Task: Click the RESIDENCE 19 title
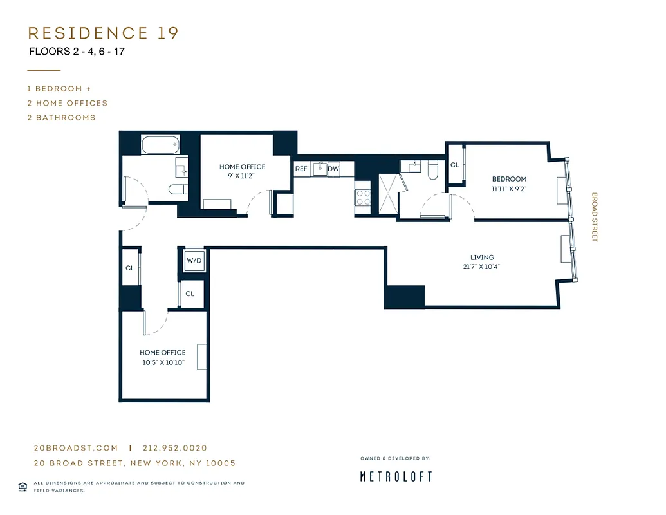[x=103, y=33]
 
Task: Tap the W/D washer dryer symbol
[x=194, y=261]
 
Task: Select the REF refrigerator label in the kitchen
[x=301, y=169]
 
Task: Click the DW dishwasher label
[x=333, y=169]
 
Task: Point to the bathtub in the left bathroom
[x=160, y=144]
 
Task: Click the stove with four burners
[x=363, y=194]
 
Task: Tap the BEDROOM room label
[x=509, y=179]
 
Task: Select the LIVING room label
[x=481, y=257]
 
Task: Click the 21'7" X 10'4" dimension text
[x=481, y=266]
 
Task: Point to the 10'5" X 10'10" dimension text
[x=163, y=362]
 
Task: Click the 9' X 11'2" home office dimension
[x=242, y=176]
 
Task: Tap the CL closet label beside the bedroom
[x=455, y=165]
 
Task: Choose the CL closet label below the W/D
[x=190, y=294]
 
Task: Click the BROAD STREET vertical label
[x=595, y=217]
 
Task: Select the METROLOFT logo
[x=395, y=476]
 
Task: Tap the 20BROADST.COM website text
[x=76, y=448]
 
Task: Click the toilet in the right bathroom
[x=432, y=169]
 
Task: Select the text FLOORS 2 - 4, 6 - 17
[x=77, y=51]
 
